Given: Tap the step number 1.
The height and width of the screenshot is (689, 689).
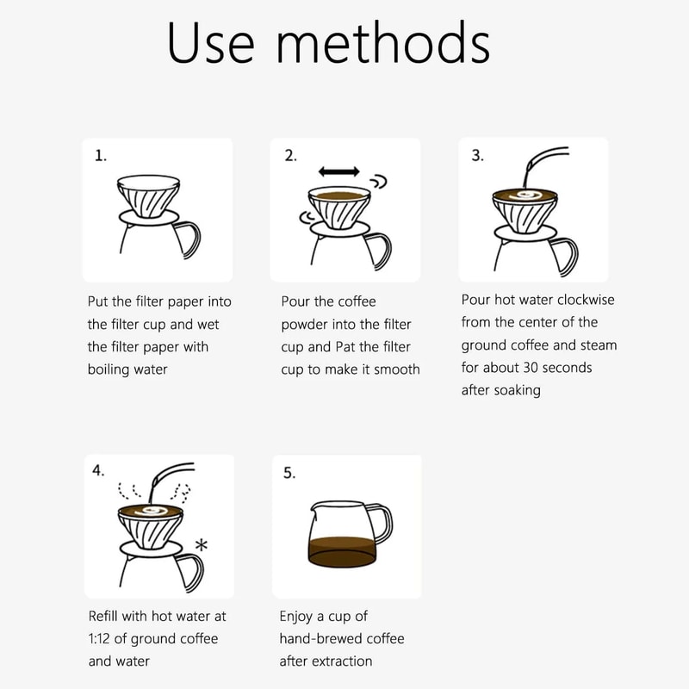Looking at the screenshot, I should click(101, 156).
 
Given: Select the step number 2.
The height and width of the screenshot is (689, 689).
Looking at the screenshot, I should click(290, 156).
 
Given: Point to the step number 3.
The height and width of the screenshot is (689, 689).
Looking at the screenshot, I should click(477, 155).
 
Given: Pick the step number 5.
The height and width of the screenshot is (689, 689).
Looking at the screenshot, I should click(289, 473).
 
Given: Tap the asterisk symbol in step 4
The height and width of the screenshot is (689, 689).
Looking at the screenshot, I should click(202, 545).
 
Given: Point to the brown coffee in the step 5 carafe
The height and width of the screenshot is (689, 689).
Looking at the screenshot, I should click(342, 552).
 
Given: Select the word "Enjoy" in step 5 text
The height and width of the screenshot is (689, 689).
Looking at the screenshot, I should click(298, 617).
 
